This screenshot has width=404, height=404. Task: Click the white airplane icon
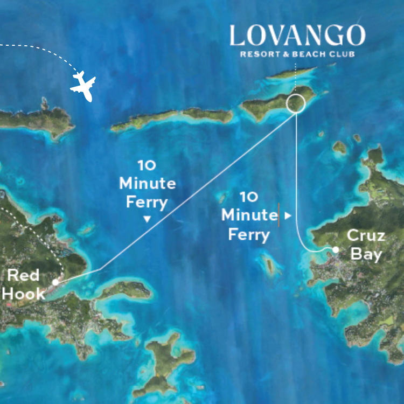(x=83, y=86)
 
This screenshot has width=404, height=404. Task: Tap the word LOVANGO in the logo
(x=297, y=36)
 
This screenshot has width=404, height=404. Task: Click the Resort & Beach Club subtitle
(x=297, y=54)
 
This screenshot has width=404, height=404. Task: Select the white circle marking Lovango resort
(x=296, y=102)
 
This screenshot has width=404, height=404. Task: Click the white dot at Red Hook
(x=55, y=282)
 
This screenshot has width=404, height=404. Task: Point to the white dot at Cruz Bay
(x=336, y=249)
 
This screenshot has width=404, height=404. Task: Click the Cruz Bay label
(x=366, y=245)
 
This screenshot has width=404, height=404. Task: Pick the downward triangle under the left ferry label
(x=147, y=219)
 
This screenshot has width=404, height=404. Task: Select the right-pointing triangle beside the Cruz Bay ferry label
(x=288, y=215)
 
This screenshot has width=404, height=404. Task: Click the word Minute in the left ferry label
(x=147, y=183)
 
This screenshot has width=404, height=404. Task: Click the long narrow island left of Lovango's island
(x=172, y=117)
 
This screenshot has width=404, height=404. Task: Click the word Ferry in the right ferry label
(x=248, y=235)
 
